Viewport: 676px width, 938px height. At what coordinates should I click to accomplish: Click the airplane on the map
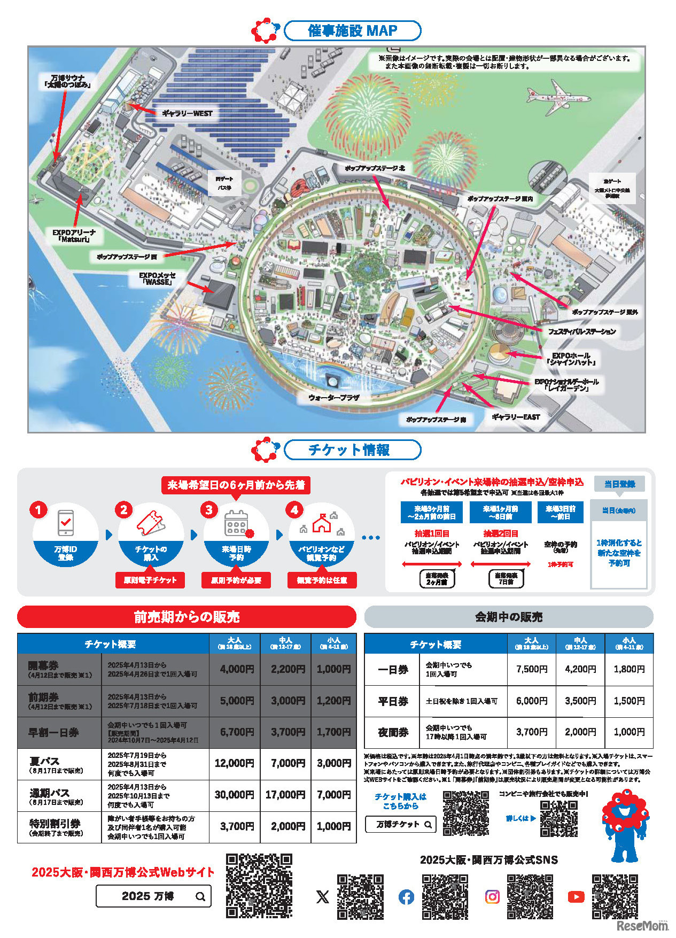coord(558,97)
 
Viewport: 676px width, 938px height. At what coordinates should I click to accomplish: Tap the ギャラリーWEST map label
coord(187,113)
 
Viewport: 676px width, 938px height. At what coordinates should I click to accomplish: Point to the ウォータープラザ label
coord(333,398)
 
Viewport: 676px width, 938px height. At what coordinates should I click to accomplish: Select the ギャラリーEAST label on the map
coord(515,417)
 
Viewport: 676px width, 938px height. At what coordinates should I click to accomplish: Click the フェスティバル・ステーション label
coord(582,331)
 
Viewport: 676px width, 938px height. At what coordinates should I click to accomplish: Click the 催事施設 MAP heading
coord(352,30)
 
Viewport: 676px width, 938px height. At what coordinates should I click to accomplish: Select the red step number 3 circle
coord(209,510)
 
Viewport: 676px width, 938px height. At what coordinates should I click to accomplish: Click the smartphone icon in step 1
coord(65,523)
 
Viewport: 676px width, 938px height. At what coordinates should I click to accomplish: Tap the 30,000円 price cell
coord(234,795)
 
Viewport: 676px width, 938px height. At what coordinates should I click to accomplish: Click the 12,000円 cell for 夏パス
coord(234,763)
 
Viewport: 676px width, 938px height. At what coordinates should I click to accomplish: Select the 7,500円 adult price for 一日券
coord(531,669)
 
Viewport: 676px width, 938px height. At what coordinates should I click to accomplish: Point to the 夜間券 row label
coord(393,732)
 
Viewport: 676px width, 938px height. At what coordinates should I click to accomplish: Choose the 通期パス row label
coord(50,793)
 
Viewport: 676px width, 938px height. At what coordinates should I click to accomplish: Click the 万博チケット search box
coord(400,824)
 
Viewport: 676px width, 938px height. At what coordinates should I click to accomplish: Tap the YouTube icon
coord(576,896)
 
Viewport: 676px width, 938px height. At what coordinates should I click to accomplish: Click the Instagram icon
coord(492,896)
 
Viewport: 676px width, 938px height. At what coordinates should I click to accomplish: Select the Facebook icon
coord(406,896)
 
